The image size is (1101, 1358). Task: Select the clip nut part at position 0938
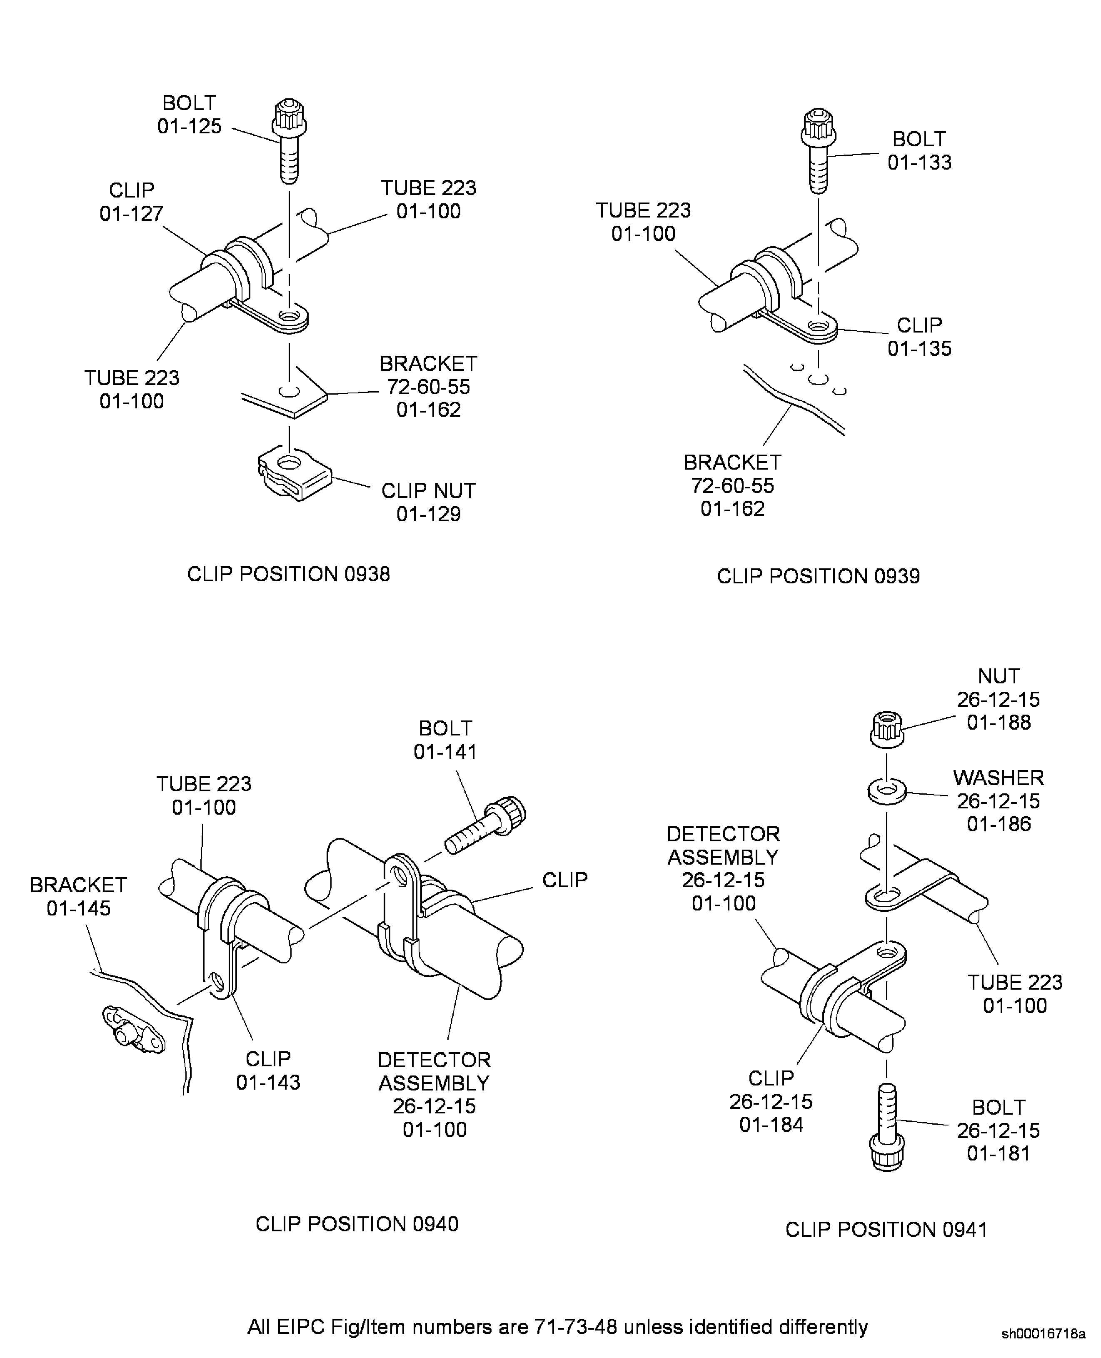[294, 475]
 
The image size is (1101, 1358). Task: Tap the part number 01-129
[428, 514]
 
